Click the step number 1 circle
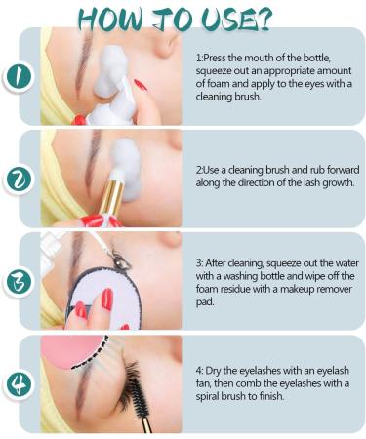click(19, 77)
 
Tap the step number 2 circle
click(20, 180)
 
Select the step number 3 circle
click(19, 282)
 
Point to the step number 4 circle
click(20, 384)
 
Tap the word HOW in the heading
click(110, 20)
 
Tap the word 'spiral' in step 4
click(207, 397)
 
